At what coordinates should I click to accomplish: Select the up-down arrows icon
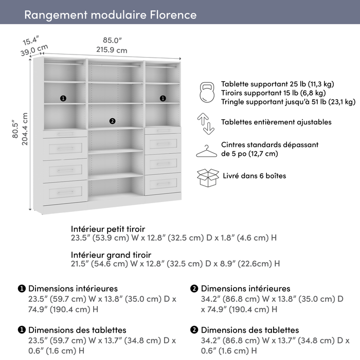tap(206, 123)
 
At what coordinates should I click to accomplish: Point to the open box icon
tap(208, 177)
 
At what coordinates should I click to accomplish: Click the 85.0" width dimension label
tap(112, 40)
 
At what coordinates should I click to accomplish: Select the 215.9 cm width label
tap(112, 50)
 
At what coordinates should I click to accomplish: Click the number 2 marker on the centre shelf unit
tap(112, 121)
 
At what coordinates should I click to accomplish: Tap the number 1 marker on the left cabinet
tap(63, 98)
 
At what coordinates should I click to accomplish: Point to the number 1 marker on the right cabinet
tap(163, 98)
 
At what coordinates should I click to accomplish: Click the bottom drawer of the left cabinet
tap(64, 191)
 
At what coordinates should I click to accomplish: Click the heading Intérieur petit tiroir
tap(108, 228)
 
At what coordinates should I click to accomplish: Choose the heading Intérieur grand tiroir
tap(111, 255)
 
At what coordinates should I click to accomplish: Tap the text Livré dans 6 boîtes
tap(254, 176)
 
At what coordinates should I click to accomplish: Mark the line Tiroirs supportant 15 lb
tap(273, 93)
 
